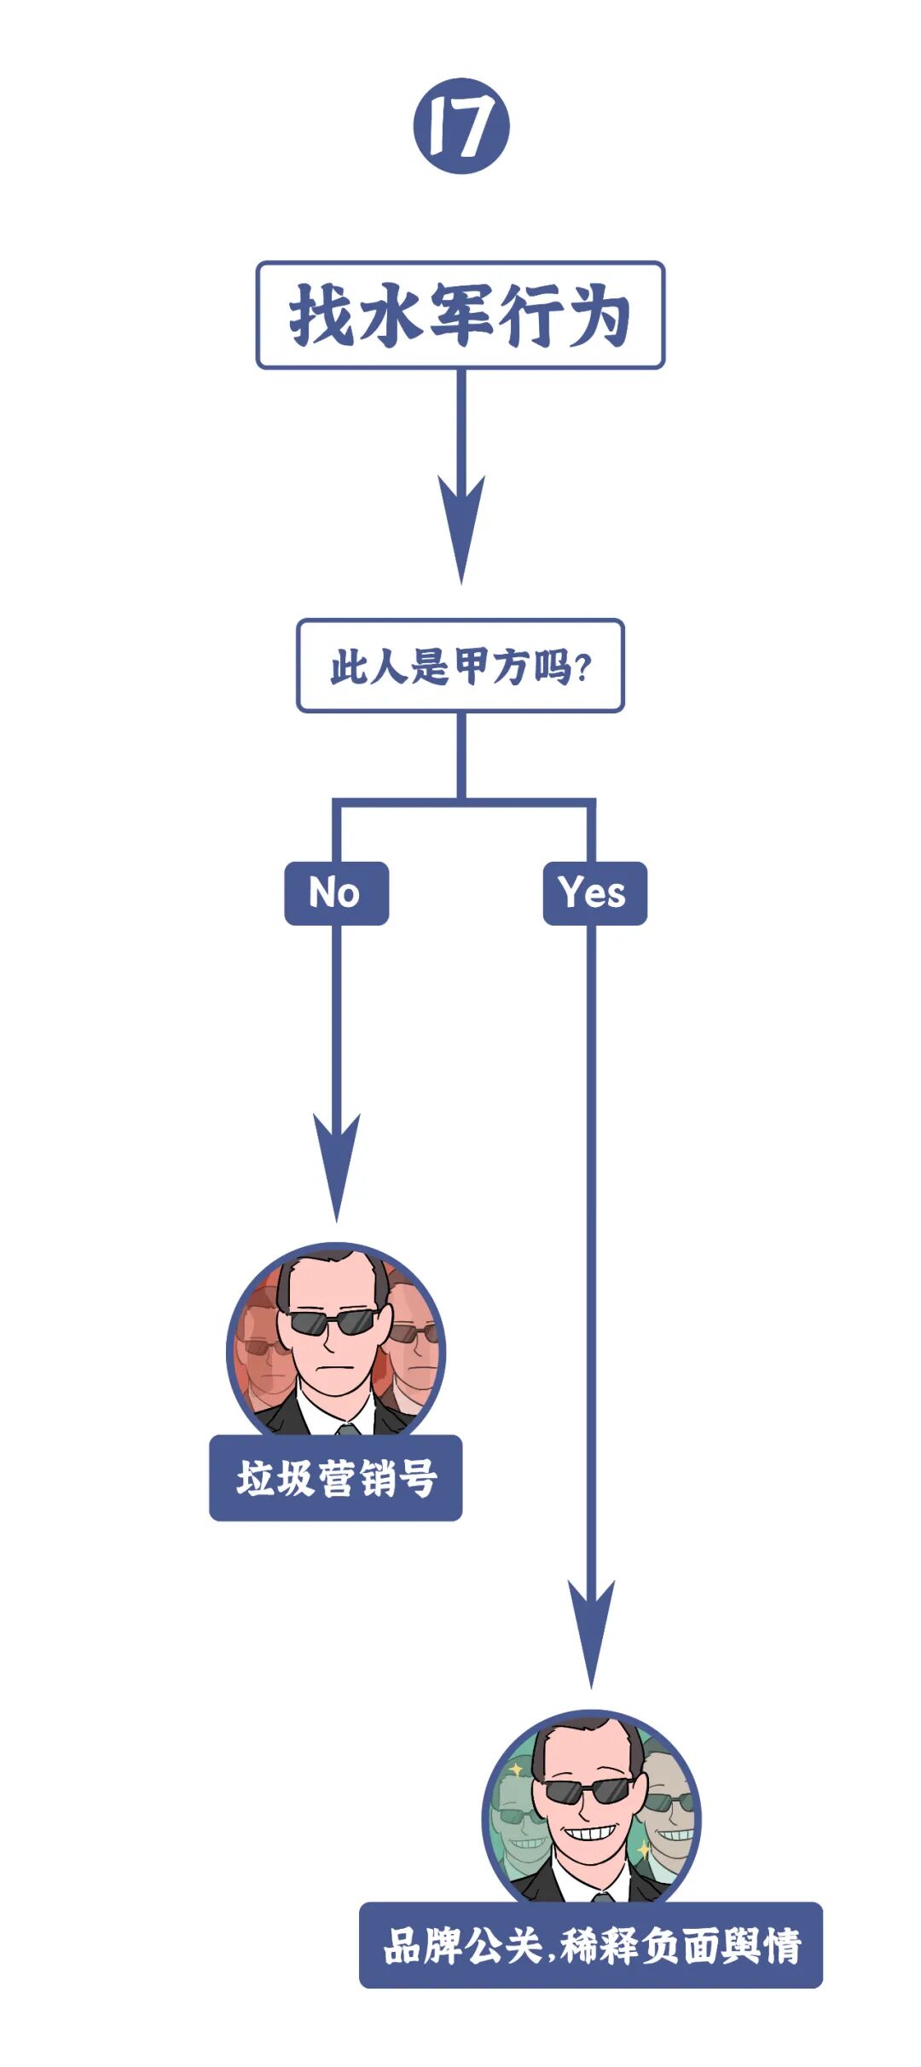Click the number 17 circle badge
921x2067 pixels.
tap(461, 126)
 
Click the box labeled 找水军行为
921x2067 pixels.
tap(460, 315)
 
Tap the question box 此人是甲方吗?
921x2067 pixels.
tap(460, 666)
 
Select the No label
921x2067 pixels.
tap(336, 893)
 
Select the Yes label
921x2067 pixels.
tap(594, 893)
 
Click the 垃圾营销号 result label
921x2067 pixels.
tap(336, 1478)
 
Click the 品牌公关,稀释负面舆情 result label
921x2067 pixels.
tap(591, 1946)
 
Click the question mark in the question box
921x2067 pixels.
tap(583, 667)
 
